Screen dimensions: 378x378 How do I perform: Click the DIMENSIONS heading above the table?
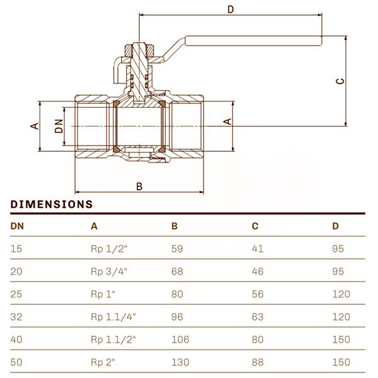coord(52,204)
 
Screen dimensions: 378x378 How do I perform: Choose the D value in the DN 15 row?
coord(338,249)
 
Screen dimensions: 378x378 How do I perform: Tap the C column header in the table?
coord(255,226)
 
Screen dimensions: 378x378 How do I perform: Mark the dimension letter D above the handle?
coord(230,9)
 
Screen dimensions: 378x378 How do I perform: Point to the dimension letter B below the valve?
coord(140,186)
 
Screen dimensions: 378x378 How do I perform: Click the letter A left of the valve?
coord(35,125)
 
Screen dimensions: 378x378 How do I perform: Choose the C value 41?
coord(257,249)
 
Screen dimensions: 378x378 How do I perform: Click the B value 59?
coord(177,249)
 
